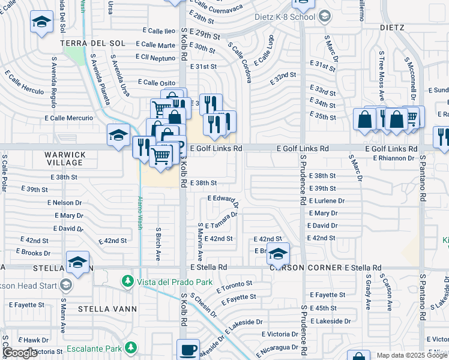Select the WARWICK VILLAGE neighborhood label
65,159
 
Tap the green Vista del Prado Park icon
127,281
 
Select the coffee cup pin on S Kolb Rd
188,349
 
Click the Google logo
19,353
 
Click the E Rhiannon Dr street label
393,158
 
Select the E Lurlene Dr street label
327,201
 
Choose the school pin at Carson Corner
277,253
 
